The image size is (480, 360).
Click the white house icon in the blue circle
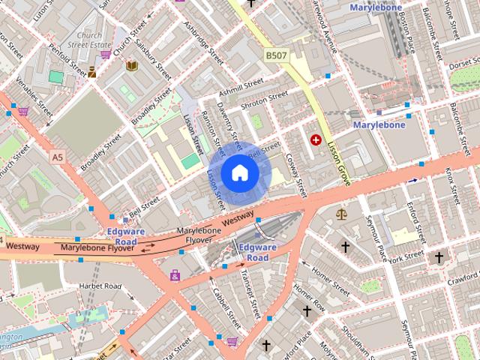pyautogui.click(x=239, y=173)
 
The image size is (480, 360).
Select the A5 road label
pyautogui.click(x=58, y=157)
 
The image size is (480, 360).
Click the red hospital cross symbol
pyautogui.click(x=316, y=139)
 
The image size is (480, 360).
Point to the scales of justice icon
pyautogui.click(x=343, y=214)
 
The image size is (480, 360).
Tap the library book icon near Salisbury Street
pyautogui.click(x=132, y=67)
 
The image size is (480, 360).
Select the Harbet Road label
pyautogui.click(x=101, y=286)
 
